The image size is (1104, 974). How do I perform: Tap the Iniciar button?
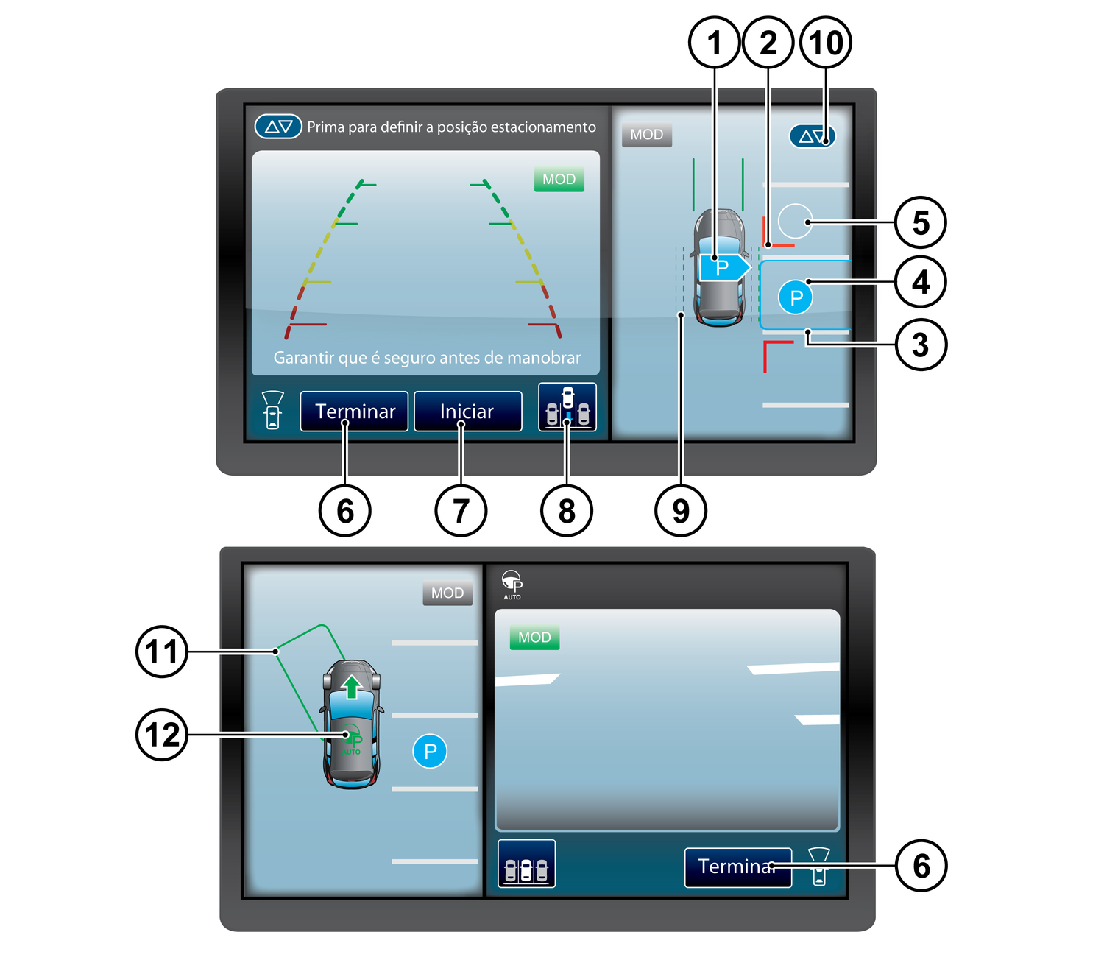[x=467, y=411]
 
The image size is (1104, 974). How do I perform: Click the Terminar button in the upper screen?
[x=354, y=411]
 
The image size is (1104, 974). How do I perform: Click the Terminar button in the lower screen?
[x=737, y=867]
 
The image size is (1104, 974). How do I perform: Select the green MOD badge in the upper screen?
[x=559, y=179]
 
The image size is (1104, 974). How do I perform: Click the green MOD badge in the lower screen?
[x=534, y=637]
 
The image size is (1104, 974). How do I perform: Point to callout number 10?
[x=826, y=43]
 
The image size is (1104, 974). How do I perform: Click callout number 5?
[x=920, y=222]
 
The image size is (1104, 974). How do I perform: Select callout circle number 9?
[x=681, y=511]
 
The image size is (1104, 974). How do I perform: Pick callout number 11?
[x=162, y=652]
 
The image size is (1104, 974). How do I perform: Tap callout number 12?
[x=162, y=734]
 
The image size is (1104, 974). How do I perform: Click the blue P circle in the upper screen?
[x=795, y=297]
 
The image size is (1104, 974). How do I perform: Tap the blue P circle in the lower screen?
[x=430, y=751]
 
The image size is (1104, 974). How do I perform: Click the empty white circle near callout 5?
[x=795, y=221]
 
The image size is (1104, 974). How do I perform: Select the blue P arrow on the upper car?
[x=725, y=267]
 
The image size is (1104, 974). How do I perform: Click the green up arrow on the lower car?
[x=352, y=686]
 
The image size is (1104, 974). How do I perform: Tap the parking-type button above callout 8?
[x=567, y=407]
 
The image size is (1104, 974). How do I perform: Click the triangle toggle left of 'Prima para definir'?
[x=278, y=127]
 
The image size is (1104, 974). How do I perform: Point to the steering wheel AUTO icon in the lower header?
[x=512, y=585]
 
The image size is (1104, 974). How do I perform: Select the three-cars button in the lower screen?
[x=526, y=864]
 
